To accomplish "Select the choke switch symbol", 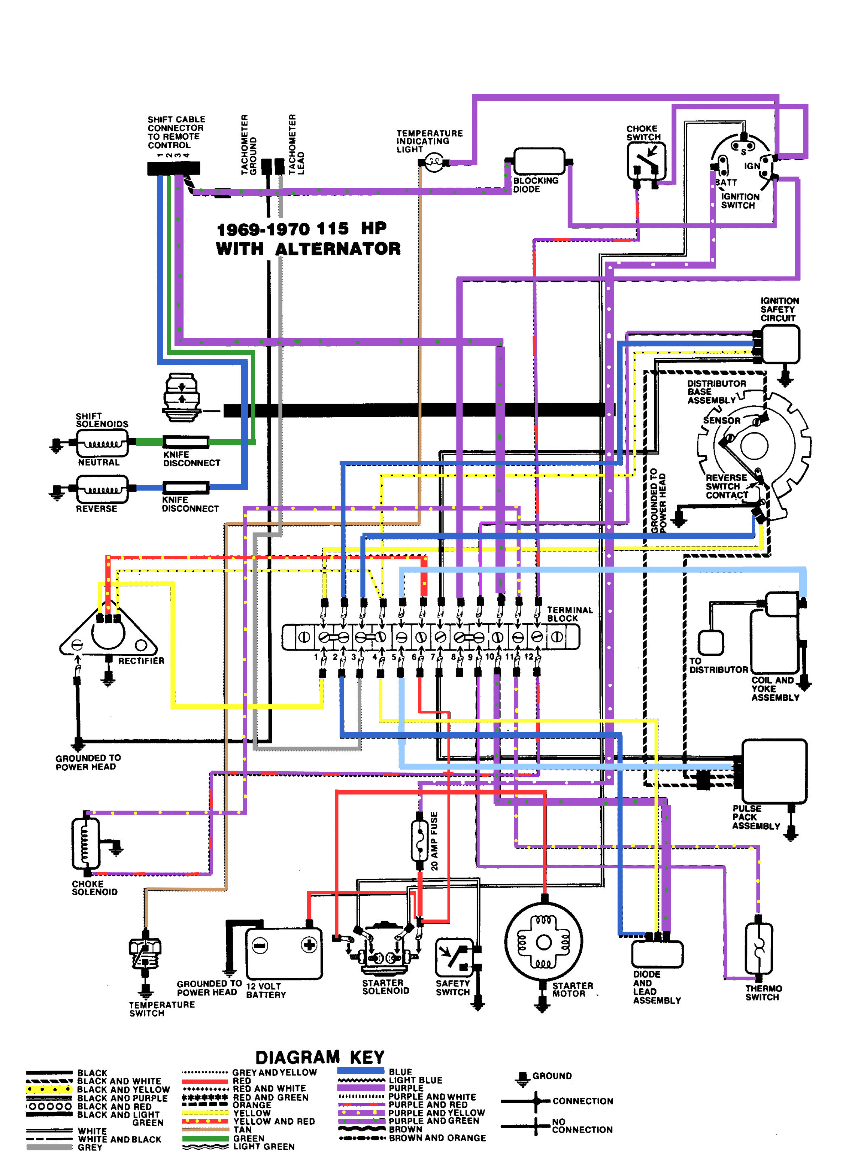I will (646, 161).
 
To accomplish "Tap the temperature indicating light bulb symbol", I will (434, 162).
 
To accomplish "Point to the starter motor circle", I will (543, 942).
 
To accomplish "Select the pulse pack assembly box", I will (774, 771).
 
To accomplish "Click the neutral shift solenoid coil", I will (103, 444).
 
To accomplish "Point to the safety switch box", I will (454, 957).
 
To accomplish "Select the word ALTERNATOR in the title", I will (337, 249).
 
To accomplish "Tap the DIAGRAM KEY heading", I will (320, 1057).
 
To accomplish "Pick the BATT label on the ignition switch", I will (726, 183).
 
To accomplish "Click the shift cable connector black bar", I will (173, 168).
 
